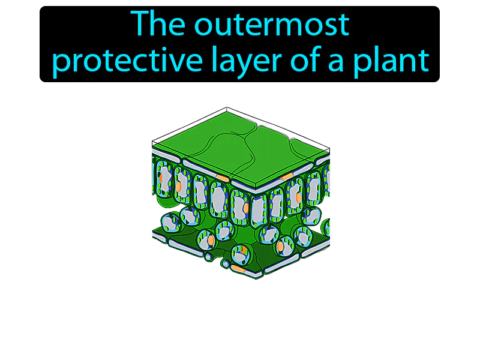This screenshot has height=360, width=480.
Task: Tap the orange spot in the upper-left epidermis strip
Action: pos(223,178)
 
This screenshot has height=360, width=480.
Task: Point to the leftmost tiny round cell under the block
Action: pos(208,257)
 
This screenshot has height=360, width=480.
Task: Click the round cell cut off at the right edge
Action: pos(326,227)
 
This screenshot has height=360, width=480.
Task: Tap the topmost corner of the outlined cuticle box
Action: pos(227,108)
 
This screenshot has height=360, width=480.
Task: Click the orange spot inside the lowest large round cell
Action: pos(242,251)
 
